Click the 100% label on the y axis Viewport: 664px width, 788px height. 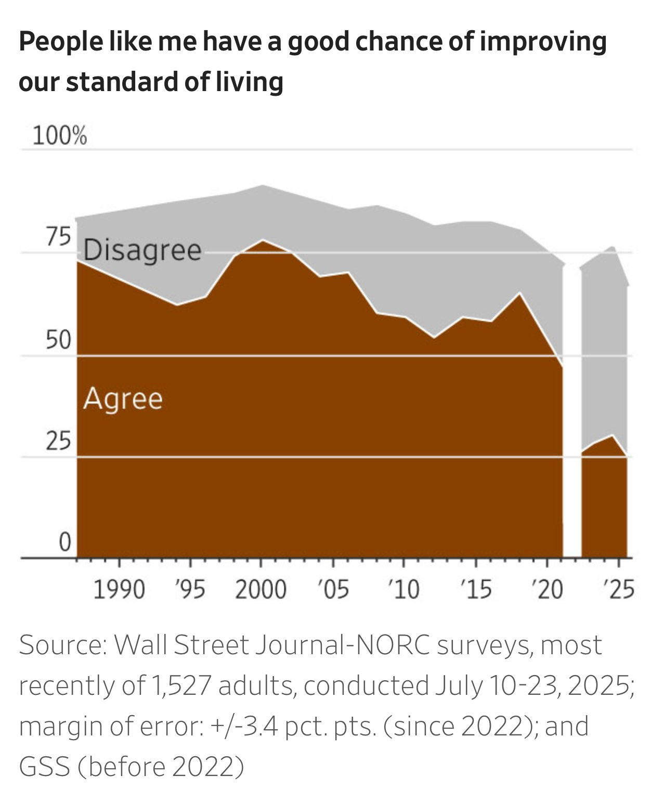59,136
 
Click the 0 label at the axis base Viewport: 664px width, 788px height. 64,542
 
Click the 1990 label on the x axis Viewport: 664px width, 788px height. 119,590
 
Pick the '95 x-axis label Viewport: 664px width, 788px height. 190,590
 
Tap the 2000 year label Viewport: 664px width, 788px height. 261,590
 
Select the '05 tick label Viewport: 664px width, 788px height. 333,590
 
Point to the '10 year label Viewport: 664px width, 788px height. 403,590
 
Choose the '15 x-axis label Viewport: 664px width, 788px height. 476,590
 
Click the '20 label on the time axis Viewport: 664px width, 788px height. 547,590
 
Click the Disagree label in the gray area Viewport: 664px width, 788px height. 142,251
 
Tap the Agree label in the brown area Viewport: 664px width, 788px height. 123,399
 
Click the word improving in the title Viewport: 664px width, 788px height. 543,42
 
